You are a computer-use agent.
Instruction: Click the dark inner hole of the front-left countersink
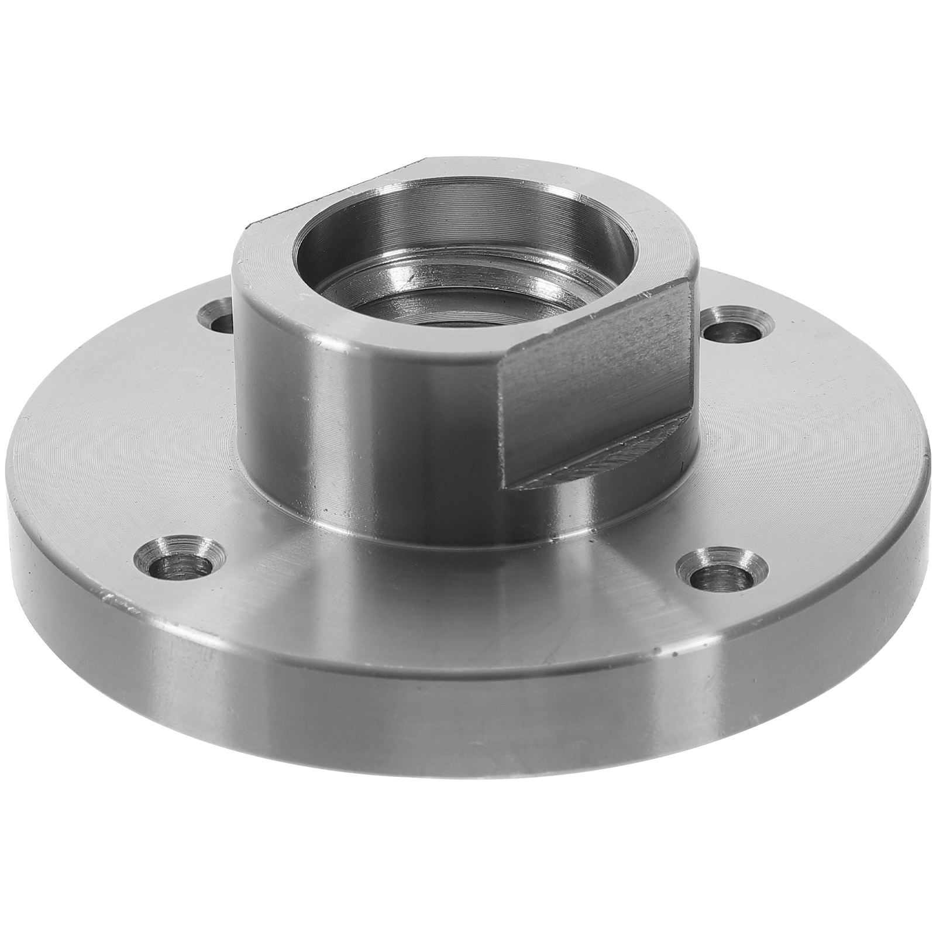183,565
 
